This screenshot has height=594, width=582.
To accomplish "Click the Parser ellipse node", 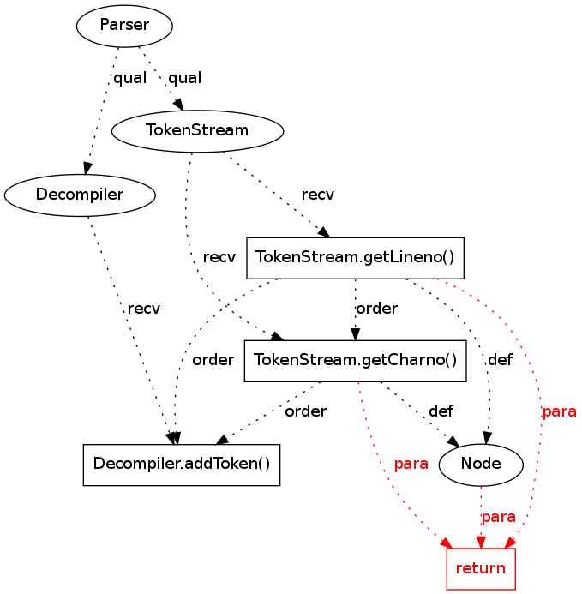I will (124, 26).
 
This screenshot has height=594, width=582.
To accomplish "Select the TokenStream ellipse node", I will (197, 130).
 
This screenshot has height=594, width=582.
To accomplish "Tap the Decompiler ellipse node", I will (80, 195).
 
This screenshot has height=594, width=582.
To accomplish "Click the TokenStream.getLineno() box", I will (355, 257).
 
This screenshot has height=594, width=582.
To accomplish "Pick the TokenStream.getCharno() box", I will (355, 360).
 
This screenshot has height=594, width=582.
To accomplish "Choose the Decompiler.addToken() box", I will (182, 465).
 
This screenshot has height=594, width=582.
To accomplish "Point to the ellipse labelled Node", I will (481, 465).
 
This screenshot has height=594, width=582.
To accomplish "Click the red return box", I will (481, 567).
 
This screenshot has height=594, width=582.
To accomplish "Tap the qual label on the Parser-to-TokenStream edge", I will (184, 78).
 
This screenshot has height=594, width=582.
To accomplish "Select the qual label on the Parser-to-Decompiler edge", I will (130, 78).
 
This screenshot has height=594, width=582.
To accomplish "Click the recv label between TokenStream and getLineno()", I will (318, 195).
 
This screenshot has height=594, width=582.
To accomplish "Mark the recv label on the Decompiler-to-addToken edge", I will (143, 309).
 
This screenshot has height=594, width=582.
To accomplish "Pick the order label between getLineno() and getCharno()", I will (376, 309).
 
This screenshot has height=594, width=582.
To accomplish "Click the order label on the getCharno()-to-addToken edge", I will (305, 411).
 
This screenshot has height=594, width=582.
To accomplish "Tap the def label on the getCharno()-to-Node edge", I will (441, 411).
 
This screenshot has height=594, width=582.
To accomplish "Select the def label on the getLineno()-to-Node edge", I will (500, 360).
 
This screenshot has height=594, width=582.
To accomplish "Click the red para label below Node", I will (499, 518).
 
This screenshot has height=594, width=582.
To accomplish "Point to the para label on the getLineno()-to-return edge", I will (559, 412).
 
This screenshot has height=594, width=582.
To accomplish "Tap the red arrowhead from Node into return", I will (481, 542).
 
